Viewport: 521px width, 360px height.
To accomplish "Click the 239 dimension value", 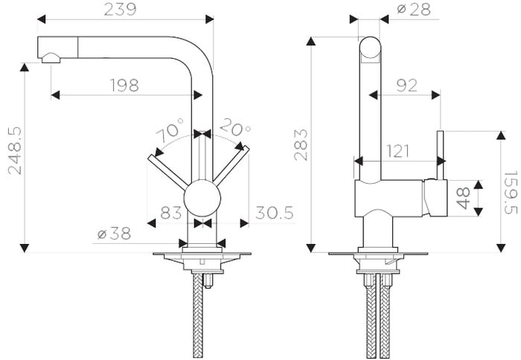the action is click(x=120, y=10).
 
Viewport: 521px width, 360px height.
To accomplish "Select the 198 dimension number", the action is click(x=124, y=86).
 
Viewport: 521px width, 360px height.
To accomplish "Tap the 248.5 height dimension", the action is click(x=15, y=150).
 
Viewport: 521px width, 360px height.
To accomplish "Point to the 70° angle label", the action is click(x=170, y=130).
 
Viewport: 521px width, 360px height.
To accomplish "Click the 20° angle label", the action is click(x=235, y=127).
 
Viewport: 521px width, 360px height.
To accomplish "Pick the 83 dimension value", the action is click(x=170, y=213).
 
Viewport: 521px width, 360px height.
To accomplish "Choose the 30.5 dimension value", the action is click(x=275, y=213).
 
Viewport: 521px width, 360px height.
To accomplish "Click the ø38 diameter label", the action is click(x=115, y=234).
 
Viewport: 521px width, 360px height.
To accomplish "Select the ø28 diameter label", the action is click(x=414, y=10).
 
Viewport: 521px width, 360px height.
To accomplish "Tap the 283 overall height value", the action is click(x=301, y=145).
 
